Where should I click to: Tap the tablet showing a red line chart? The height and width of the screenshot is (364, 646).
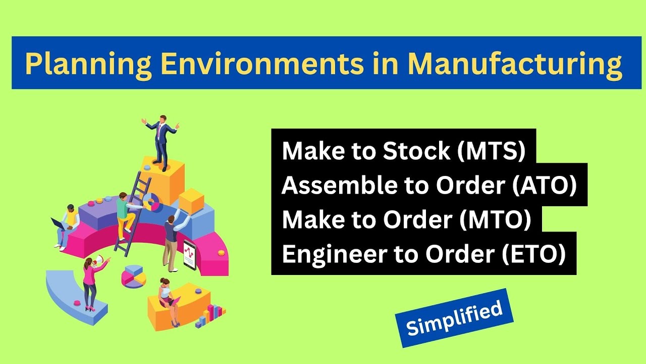pos(189,255)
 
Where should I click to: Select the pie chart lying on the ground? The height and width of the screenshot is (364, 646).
pos(133,276)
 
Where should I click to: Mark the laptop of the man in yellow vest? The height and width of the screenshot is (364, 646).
pos(57,222)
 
